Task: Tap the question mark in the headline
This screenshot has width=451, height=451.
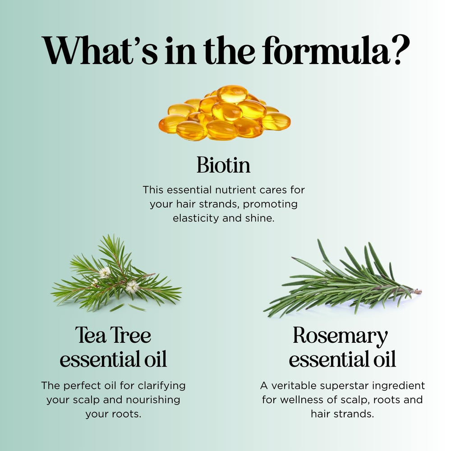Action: [400, 50]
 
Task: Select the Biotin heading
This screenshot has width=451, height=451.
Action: [224, 165]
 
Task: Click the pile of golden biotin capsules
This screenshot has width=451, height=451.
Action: [225, 113]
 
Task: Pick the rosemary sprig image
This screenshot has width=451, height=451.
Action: [342, 279]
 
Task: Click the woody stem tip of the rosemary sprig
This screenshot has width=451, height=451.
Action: [419, 292]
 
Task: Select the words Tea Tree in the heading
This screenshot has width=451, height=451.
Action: [113, 336]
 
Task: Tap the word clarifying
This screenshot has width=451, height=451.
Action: [161, 386]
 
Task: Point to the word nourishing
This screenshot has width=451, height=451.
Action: [153, 400]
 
